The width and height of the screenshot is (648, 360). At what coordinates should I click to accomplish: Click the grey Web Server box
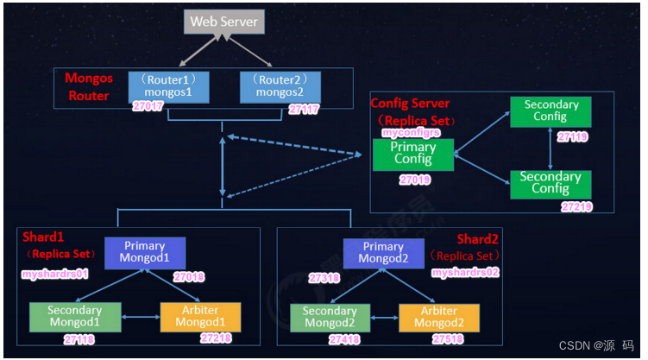(x=223, y=21)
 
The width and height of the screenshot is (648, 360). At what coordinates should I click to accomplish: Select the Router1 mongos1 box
(x=168, y=86)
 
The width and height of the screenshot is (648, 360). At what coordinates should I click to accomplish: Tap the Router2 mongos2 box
(x=279, y=86)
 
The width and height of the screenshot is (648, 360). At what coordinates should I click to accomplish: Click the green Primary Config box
(x=413, y=155)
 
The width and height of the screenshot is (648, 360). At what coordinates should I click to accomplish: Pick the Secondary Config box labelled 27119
(x=550, y=112)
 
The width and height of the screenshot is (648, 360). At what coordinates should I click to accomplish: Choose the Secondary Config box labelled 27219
(x=550, y=183)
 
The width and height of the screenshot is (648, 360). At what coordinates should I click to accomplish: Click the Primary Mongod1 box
(x=144, y=253)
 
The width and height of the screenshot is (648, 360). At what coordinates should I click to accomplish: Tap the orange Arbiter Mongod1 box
(x=200, y=317)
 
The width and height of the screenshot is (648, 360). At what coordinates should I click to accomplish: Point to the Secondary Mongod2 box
(x=330, y=317)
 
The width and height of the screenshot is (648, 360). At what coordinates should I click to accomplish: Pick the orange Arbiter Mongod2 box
(x=437, y=317)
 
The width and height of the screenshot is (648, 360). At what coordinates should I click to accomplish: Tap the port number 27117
(x=305, y=110)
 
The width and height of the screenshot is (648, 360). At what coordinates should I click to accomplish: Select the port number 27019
(x=415, y=180)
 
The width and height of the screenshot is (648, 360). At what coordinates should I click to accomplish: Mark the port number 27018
(x=188, y=277)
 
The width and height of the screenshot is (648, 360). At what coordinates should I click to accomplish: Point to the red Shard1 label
(x=43, y=236)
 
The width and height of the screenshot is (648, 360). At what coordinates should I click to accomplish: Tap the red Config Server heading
(x=410, y=104)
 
